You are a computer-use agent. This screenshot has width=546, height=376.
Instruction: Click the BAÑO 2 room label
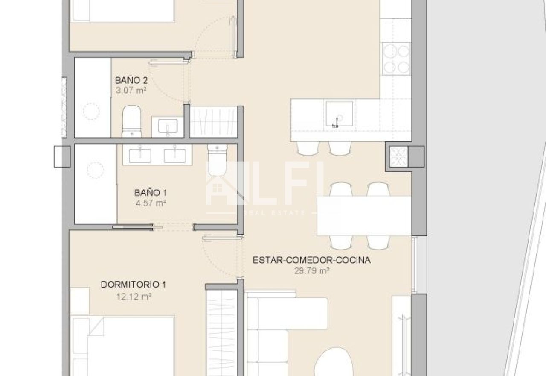click(x=131, y=80)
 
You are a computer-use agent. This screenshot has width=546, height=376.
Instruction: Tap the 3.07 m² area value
click(x=131, y=91)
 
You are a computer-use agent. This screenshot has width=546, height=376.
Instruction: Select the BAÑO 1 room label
click(x=151, y=193)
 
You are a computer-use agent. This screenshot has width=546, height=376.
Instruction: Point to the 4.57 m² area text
click(x=151, y=203)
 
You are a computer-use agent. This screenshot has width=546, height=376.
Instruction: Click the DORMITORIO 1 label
click(x=134, y=285)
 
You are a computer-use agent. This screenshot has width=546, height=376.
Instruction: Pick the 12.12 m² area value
click(x=134, y=297)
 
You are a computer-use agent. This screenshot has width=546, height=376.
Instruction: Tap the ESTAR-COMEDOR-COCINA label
click(x=312, y=260)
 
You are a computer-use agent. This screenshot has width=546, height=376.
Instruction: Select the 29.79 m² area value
click(x=312, y=271)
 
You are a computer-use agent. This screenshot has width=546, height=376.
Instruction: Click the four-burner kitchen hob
click(x=396, y=59)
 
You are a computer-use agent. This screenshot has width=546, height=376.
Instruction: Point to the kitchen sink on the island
click(x=340, y=114)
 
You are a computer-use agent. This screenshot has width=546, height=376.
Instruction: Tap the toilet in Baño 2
click(x=132, y=121)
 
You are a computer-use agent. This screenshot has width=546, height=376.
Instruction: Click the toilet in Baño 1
click(x=217, y=160)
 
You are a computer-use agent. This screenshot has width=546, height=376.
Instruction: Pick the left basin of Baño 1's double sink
click(x=140, y=156)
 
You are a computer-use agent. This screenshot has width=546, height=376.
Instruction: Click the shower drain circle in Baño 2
click(x=91, y=112)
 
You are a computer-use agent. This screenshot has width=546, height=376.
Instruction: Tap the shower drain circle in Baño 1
click(x=95, y=170)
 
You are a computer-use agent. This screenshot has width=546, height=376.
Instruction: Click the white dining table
click(x=364, y=216)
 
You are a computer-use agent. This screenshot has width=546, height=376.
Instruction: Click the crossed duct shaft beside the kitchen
click(x=399, y=157)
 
